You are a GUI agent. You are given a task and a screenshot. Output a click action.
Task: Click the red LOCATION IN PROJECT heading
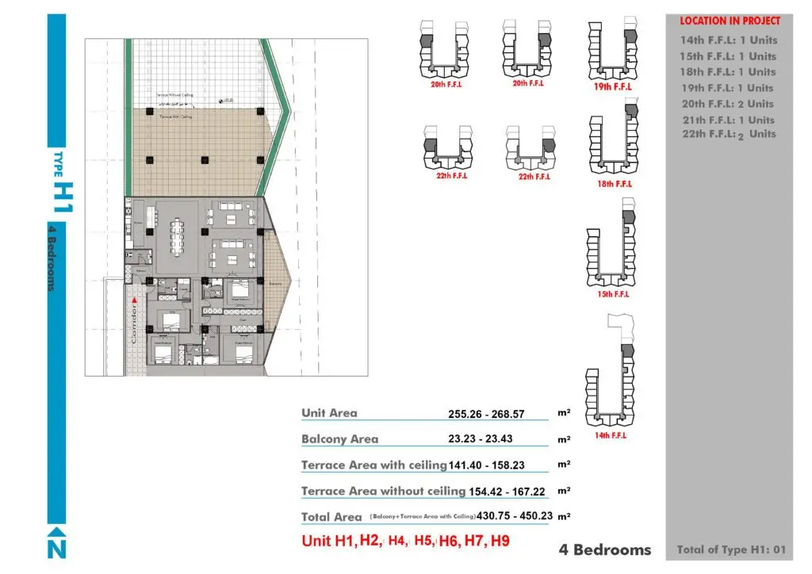[730, 21]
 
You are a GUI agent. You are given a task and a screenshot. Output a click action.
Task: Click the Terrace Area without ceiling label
[383, 492]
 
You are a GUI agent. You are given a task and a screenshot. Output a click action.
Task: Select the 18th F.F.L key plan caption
[613, 184]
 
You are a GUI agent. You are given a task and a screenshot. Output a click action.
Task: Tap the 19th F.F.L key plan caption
[613, 87]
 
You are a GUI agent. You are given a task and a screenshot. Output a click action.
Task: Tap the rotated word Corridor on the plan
[135, 324]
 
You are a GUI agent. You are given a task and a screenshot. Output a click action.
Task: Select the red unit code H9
[500, 542]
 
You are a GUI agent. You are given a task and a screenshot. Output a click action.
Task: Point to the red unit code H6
[449, 542]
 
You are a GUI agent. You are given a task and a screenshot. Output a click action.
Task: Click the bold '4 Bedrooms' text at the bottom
[605, 549]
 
